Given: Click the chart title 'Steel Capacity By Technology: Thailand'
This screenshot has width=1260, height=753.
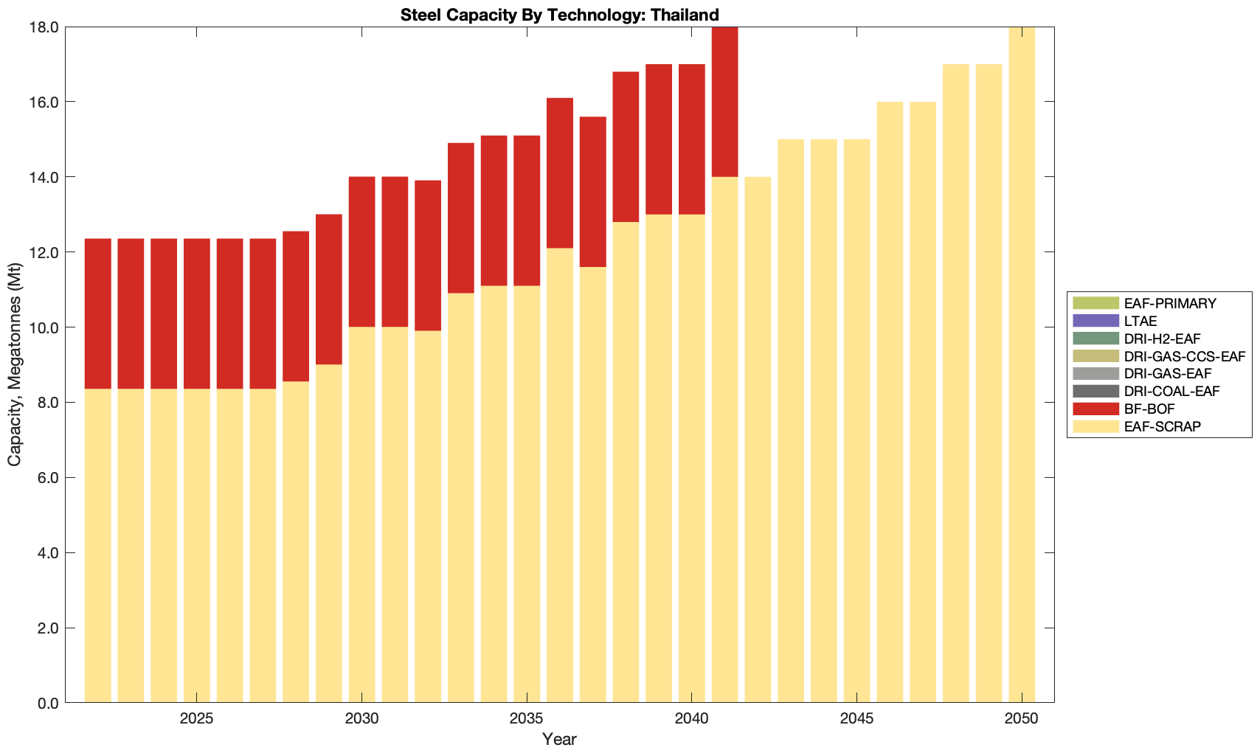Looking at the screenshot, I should pyautogui.click(x=559, y=15).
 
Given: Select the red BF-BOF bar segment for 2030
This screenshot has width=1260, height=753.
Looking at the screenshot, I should pyautogui.click(x=361, y=251).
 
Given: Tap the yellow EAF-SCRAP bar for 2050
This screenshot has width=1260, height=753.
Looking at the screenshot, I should pyautogui.click(x=1022, y=365).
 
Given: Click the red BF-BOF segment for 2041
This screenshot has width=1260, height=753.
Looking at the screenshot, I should pyautogui.click(x=724, y=102).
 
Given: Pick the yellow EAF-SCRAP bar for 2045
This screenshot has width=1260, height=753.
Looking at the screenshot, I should pyautogui.click(x=856, y=420).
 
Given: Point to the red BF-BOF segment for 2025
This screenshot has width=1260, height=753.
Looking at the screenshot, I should pyautogui.click(x=196, y=313).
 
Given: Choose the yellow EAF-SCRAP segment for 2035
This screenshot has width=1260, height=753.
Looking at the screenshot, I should pyautogui.click(x=527, y=494).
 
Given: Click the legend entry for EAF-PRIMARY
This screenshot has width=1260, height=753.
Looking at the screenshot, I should pyautogui.click(x=1170, y=303).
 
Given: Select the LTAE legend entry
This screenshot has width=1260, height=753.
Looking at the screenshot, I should pyautogui.click(x=1140, y=321).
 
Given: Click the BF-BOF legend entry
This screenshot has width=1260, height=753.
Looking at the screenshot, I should pyautogui.click(x=1149, y=409).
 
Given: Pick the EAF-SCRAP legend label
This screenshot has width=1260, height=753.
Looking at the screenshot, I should pyautogui.click(x=1162, y=426).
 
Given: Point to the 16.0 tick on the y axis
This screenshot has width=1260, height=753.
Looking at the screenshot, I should pyautogui.click(x=44, y=102).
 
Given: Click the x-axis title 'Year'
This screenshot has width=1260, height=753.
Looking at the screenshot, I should pyautogui.click(x=559, y=739).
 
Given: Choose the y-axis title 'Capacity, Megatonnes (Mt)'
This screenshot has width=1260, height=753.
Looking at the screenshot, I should pyautogui.click(x=14, y=365).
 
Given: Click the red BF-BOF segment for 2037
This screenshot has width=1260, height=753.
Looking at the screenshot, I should pyautogui.click(x=592, y=192).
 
